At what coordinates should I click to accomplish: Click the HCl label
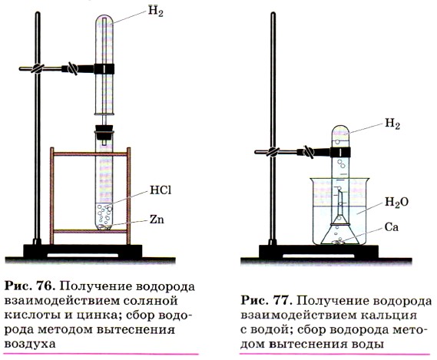coord(161,190)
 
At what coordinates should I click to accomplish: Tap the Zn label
coord(157,220)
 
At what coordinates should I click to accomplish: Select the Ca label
coord(391,227)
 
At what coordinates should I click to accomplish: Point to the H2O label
coord(396,203)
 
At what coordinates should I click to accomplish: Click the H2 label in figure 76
coord(155,12)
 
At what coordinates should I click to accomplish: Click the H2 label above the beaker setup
coord(392,124)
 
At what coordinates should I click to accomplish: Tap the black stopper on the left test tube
coord(104,131)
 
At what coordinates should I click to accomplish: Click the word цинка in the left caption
coord(95,315)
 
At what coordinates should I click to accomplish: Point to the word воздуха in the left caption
coord(31,344)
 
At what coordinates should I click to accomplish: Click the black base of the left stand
coord(83,251)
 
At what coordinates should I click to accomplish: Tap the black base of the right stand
coord(319,252)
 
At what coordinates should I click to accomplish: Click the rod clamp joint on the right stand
coord(273,152)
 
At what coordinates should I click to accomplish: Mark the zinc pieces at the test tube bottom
coord(104,226)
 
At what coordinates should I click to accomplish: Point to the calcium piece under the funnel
coord(339,242)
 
